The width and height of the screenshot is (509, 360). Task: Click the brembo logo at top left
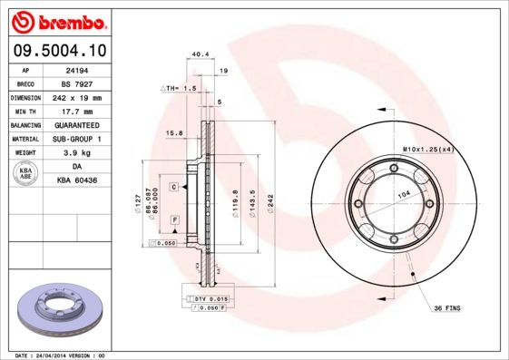56,19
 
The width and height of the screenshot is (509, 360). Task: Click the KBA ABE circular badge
26,174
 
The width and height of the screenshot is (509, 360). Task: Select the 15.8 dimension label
175,133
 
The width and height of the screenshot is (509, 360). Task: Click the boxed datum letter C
172,186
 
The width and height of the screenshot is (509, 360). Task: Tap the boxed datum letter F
172,219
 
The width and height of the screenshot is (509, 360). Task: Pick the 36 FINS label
446,308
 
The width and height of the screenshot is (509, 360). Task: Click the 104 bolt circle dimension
403,195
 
